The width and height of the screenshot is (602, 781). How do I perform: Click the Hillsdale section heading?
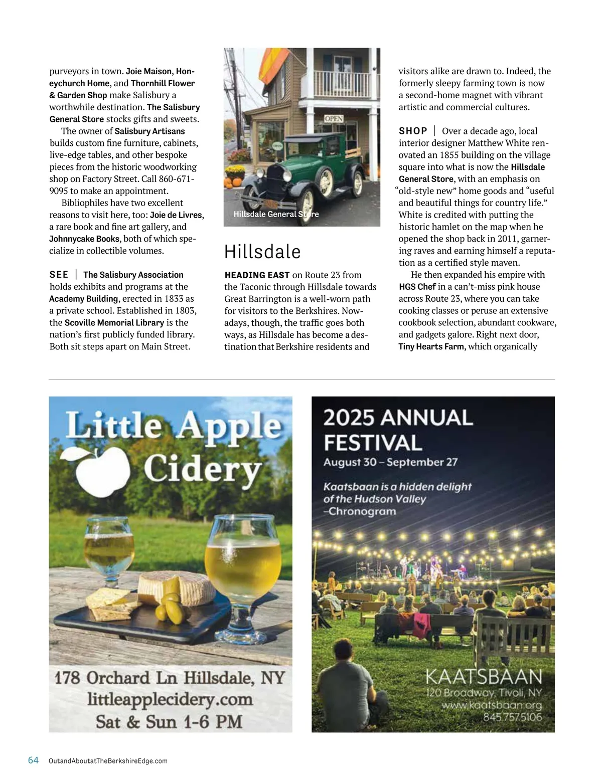(x=262, y=252)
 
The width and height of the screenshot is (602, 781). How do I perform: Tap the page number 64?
(x=33, y=760)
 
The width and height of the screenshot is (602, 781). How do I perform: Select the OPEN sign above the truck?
(x=334, y=119)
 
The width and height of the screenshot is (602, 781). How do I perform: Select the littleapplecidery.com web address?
(x=170, y=699)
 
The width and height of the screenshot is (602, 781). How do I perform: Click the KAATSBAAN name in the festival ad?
(x=484, y=677)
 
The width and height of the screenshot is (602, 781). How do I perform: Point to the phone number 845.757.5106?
(x=512, y=717)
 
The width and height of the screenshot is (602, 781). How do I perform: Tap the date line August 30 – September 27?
(x=390, y=462)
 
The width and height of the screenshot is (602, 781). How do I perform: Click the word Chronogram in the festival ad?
(x=362, y=512)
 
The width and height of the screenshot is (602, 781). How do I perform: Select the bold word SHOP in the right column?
(x=413, y=131)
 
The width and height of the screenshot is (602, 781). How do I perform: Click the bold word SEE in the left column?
(x=59, y=274)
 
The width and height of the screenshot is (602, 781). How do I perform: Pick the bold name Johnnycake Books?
(x=84, y=239)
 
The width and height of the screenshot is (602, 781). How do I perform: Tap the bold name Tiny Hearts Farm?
(x=431, y=346)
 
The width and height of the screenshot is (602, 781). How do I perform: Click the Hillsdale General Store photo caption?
(x=276, y=214)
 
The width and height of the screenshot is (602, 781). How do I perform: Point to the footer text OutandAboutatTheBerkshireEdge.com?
(x=108, y=761)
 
